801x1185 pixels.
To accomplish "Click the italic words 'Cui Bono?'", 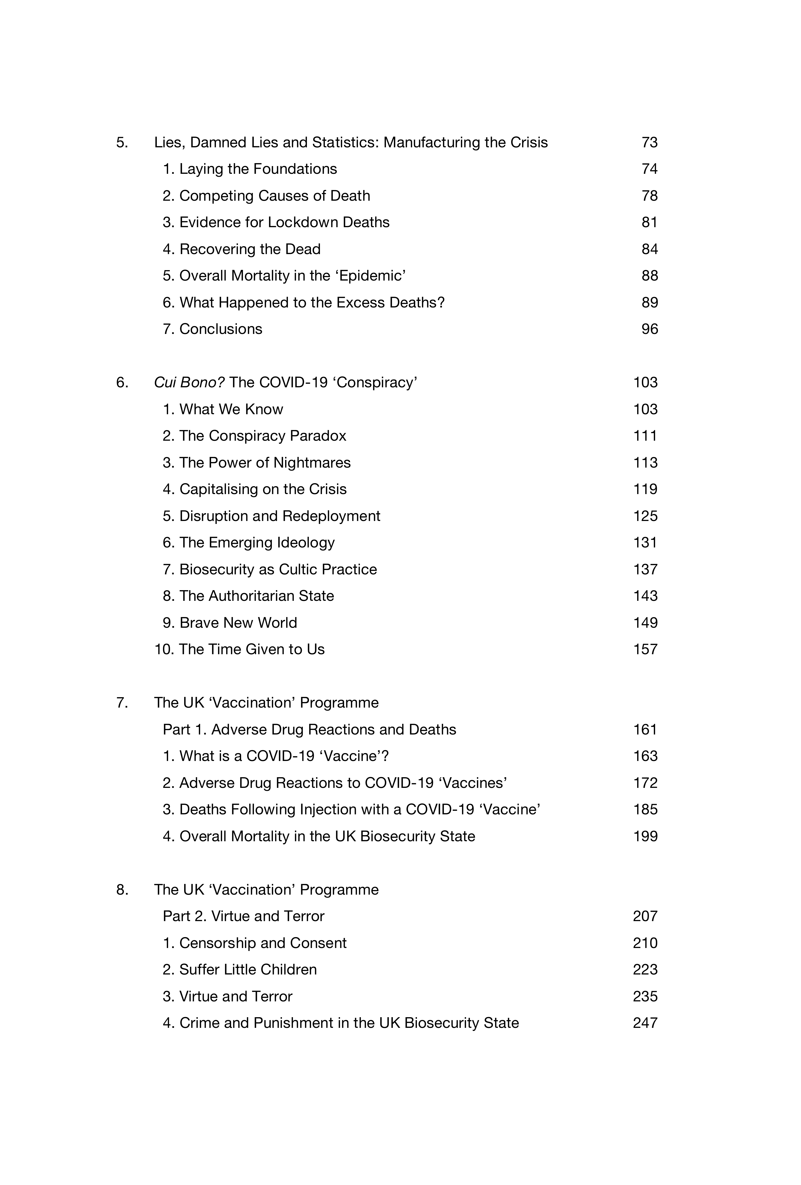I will (x=189, y=382).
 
